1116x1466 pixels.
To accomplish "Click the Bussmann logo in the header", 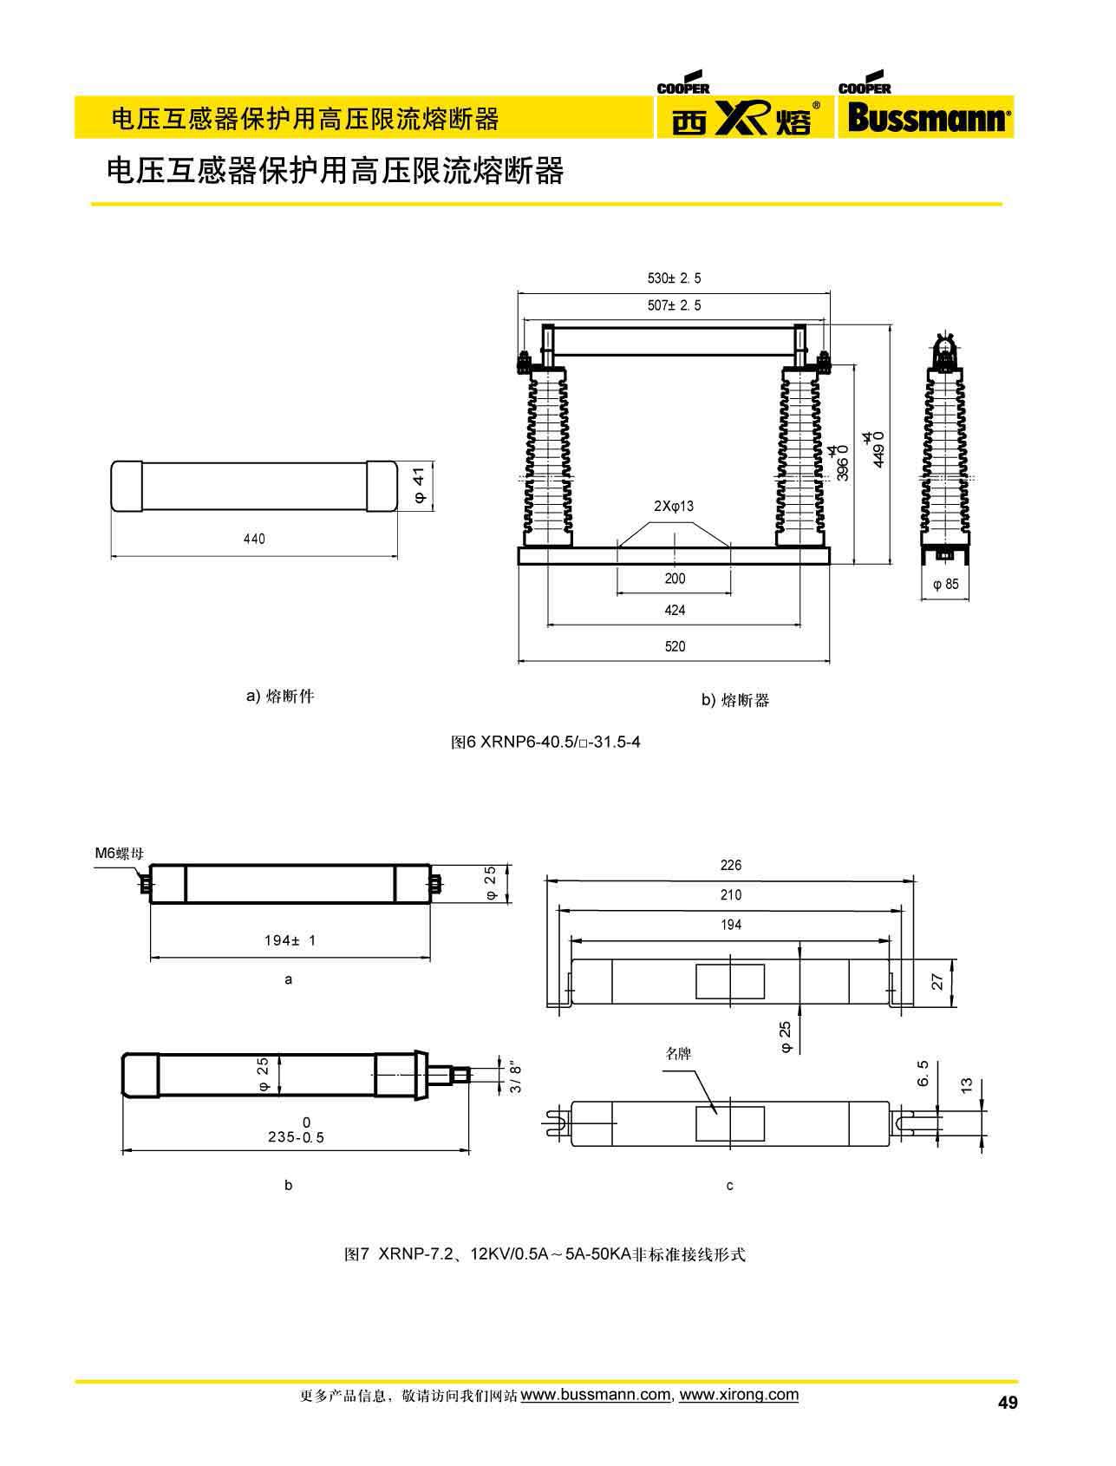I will point(926,117).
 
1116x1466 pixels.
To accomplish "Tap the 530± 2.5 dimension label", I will point(674,278).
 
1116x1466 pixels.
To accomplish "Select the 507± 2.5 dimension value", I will point(674,305).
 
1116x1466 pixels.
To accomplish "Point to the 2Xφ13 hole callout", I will point(674,506).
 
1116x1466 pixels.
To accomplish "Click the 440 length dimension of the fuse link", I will point(254,539).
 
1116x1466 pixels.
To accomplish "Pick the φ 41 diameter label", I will point(419,486).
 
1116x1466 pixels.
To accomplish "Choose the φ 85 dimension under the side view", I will point(945,584).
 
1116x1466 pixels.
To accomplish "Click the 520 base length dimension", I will point(675,646).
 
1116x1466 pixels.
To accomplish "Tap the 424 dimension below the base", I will point(675,610).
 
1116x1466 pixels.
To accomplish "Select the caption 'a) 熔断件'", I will point(280,696).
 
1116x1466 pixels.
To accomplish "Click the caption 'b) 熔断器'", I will point(735,700).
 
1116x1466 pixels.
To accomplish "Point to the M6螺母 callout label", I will point(119,853).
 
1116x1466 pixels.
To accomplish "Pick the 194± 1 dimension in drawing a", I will point(290,940).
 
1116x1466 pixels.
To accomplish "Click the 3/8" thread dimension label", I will point(516,1077).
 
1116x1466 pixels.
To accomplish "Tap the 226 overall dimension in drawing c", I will point(731,866).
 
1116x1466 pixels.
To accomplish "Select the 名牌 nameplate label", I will point(678,1054).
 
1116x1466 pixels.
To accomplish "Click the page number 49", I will point(1008,1403).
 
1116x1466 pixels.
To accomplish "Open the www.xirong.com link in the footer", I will point(739,1395).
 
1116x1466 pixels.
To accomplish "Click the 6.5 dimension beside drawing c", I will point(923,1072).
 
